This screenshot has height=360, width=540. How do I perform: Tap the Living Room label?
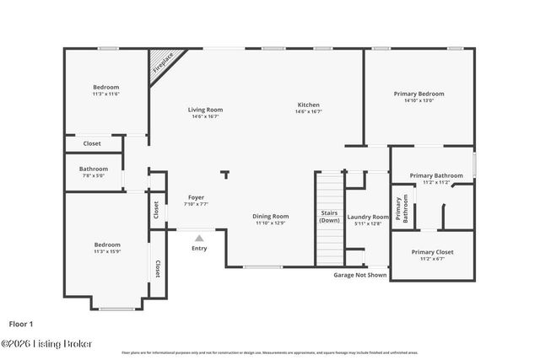tap(205, 110)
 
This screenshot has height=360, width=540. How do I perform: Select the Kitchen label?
tap(309, 105)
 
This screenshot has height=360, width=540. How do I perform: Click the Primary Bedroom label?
tap(418, 94)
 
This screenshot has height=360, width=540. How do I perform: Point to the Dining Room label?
tap(271, 216)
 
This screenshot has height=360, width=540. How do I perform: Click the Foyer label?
tap(196, 197)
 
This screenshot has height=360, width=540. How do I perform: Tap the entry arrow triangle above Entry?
tap(199, 239)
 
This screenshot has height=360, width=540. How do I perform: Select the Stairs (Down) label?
tap(329, 216)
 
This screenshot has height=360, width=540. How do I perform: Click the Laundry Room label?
tap(368, 217)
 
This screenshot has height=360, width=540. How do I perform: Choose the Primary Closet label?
tap(432, 252)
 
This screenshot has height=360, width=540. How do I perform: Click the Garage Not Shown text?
tap(360, 275)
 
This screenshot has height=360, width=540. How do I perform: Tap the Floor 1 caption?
tap(21, 324)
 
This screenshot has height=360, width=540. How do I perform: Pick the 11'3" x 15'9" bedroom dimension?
tap(106, 251)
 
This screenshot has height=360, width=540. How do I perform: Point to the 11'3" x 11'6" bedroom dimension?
tap(106, 94)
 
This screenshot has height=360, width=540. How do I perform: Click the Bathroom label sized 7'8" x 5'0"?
tap(93, 169)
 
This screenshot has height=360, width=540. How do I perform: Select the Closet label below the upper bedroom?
tap(92, 143)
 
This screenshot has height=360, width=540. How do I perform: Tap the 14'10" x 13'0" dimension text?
tap(418, 100)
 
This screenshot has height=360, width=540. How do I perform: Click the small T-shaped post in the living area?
tap(224, 175)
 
